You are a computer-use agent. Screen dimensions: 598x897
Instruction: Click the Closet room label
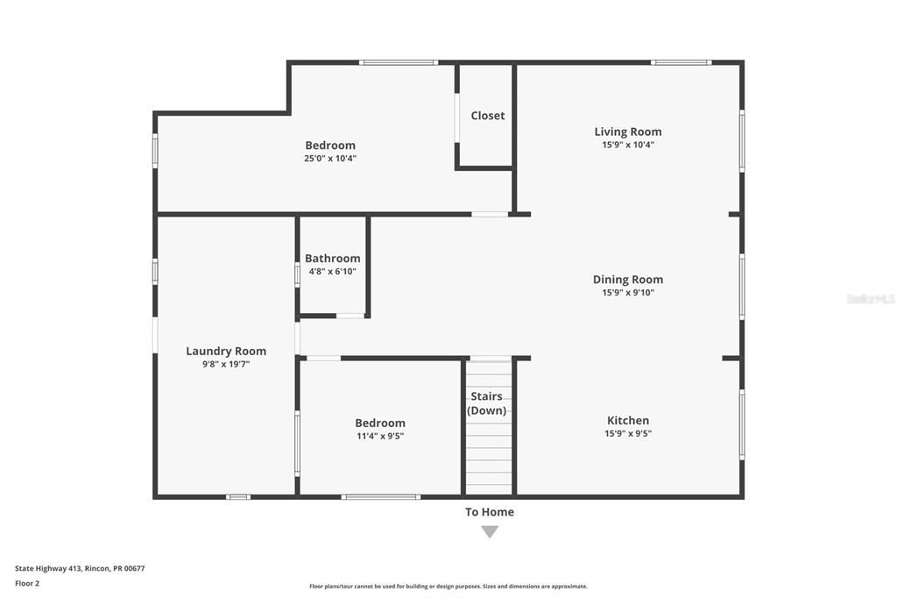(487, 116)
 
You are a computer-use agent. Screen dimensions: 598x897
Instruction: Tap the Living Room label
(628, 132)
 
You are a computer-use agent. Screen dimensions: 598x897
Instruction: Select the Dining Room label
(628, 280)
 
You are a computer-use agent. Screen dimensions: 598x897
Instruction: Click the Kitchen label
(628, 421)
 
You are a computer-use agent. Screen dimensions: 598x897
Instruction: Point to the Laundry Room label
(226, 351)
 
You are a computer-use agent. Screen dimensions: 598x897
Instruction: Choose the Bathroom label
(332, 259)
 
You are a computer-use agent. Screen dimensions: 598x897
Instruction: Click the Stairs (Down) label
(486, 403)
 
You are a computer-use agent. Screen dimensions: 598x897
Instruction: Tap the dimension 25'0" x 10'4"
(330, 159)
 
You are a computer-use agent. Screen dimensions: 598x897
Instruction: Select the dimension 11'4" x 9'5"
(380, 436)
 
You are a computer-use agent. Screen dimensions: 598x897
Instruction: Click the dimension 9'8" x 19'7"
(226, 364)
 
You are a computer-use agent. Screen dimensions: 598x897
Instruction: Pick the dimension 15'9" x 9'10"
(628, 293)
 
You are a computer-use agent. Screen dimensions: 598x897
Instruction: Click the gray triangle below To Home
(490, 531)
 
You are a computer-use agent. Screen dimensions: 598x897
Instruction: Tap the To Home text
(490, 512)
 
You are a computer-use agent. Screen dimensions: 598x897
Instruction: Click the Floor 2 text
(27, 583)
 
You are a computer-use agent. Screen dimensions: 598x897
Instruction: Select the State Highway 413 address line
(80, 568)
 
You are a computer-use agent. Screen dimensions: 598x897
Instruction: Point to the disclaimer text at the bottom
(448, 587)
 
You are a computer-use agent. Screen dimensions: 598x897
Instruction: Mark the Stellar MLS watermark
(871, 299)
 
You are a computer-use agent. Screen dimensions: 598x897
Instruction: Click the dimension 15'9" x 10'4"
(628, 146)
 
